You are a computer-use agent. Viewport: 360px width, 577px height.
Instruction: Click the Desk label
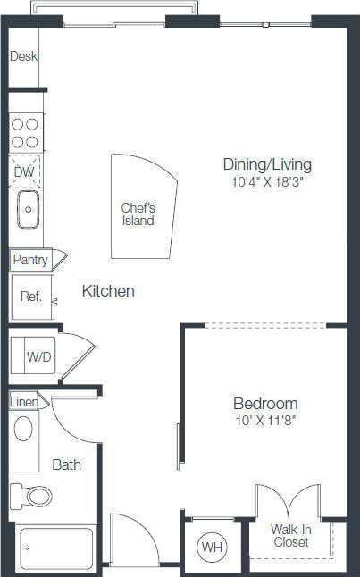point(23,56)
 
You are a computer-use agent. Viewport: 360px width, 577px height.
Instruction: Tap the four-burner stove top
point(26,133)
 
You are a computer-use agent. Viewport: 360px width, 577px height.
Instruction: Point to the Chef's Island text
point(138,214)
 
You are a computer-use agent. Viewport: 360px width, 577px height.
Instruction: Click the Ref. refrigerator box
point(31,297)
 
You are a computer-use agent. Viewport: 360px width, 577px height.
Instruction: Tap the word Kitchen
point(108,291)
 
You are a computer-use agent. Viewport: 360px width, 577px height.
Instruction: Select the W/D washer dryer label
point(38,356)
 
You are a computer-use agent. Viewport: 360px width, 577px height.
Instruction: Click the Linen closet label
point(24,402)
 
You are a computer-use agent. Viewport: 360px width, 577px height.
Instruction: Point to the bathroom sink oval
point(24,430)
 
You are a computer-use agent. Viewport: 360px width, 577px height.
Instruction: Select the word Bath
point(66,464)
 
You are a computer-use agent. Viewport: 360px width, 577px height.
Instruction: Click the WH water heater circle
point(212,546)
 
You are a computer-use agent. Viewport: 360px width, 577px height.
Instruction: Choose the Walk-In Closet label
point(290,536)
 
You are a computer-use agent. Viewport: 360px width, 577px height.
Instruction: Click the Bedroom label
point(265,403)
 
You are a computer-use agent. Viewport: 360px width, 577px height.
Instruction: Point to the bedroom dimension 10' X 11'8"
point(265,420)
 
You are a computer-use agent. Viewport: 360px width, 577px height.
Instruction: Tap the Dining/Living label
point(267,164)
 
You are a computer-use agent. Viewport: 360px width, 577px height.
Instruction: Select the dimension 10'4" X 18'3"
point(267,181)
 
